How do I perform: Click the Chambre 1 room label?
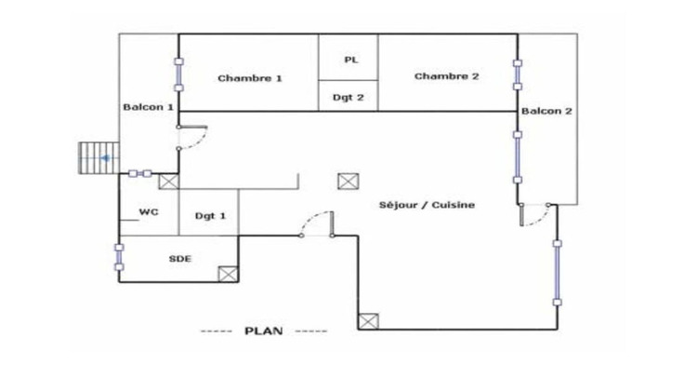point(250,78)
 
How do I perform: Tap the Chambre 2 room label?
point(447,76)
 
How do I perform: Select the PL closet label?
point(351,60)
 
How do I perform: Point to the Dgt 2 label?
point(348,98)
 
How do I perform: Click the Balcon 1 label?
point(148,107)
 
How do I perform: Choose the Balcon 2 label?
point(546,111)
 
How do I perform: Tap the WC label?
point(149,212)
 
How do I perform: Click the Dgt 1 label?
point(210,216)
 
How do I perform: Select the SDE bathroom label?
point(180,259)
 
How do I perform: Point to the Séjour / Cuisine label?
point(427,205)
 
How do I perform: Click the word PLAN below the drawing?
point(264,330)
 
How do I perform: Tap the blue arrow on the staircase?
point(105,158)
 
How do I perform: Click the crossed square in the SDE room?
point(228,275)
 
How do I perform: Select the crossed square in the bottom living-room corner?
point(369,321)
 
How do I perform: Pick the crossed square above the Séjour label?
point(348,182)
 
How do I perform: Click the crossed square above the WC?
point(169,182)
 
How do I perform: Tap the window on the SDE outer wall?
point(119,257)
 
